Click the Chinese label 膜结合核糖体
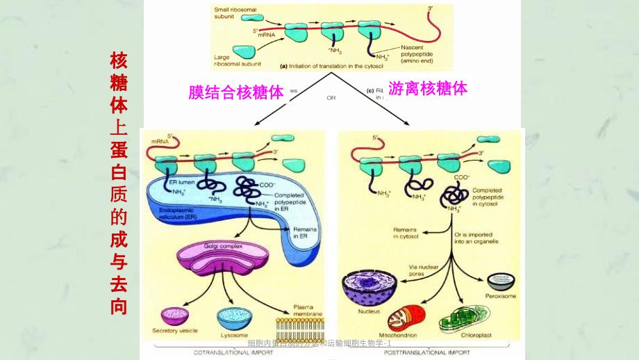pyautogui.click(x=237, y=92)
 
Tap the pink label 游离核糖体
pyautogui.click(x=427, y=89)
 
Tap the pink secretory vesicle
pyautogui.click(x=175, y=316)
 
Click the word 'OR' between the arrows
pyautogui.click(x=331, y=98)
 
